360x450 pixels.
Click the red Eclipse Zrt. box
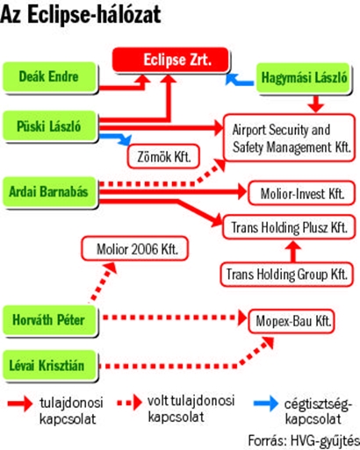coord(170,60)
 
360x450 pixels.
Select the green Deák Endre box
coord(49,77)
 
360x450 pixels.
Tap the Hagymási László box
coord(303,78)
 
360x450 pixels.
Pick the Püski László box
coord(49,126)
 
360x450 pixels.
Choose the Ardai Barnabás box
coord(49,191)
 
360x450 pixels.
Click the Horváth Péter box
coord(49,319)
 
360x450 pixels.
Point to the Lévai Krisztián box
coord(49,365)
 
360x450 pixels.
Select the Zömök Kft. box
coord(163,156)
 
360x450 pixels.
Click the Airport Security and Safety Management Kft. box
coord(289,138)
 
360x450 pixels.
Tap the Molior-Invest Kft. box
coord(301,193)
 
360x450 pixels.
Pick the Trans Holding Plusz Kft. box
coord(289,227)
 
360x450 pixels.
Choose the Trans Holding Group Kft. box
coord(287,275)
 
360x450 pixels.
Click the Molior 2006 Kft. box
coord(135,248)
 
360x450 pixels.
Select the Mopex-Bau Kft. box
coord(292,321)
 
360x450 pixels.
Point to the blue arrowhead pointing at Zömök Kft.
coord(126,140)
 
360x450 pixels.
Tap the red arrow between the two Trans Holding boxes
coord(293,251)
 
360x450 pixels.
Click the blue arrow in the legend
coord(266,404)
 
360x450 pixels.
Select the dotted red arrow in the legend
coord(129,403)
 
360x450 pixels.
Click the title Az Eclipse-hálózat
coord(81,15)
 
